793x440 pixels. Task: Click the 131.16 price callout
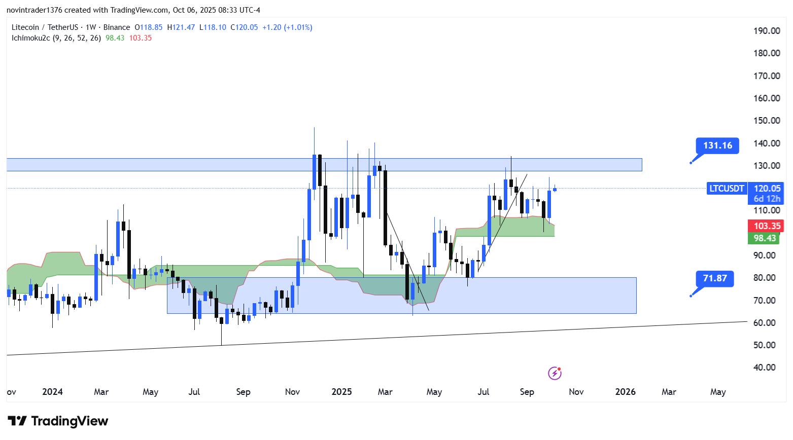(717, 145)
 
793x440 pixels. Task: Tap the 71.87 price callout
(715, 278)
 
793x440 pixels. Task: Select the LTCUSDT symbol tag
(727, 189)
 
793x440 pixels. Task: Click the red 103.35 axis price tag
(767, 226)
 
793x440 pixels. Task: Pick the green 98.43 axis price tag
(765, 238)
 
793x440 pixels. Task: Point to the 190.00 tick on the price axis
(767, 31)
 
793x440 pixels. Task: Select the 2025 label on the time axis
(341, 392)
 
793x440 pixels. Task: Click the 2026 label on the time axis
(625, 392)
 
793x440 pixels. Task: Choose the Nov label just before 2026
(576, 392)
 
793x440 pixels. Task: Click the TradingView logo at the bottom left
(58, 421)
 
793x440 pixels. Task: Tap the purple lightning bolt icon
(555, 374)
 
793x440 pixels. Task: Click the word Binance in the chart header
(117, 27)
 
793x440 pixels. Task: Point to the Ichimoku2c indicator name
(31, 38)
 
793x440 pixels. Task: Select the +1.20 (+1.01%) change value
(287, 27)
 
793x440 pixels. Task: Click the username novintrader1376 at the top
(34, 10)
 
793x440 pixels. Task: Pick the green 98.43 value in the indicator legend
(115, 38)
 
